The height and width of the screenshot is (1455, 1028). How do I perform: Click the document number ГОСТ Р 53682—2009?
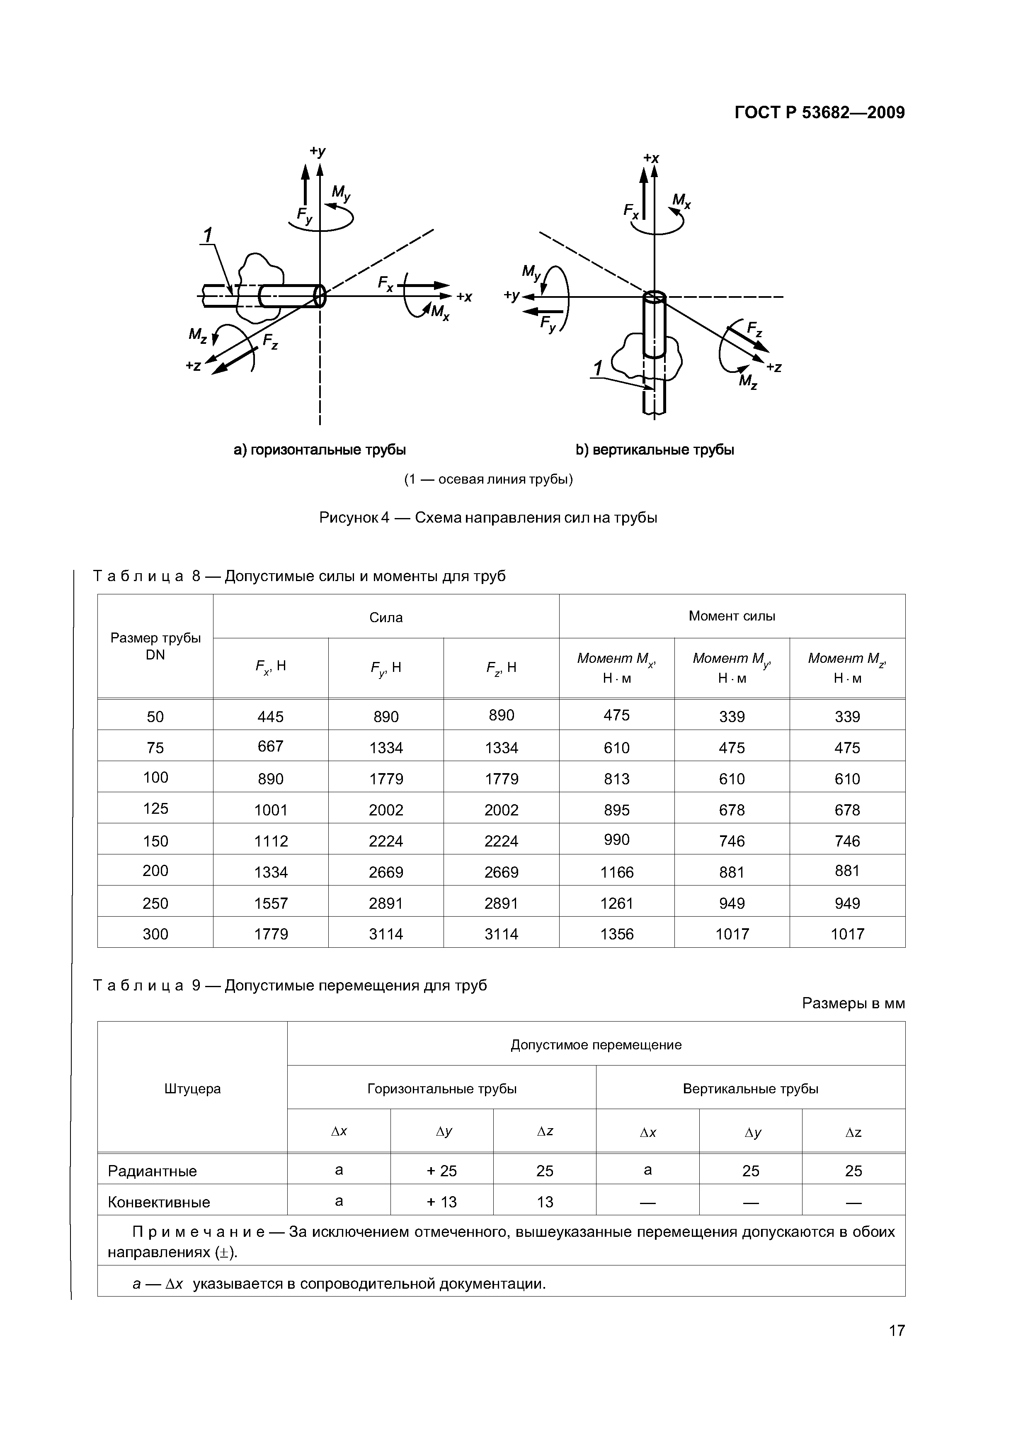point(819,113)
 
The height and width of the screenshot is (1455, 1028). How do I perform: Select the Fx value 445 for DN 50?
point(270,717)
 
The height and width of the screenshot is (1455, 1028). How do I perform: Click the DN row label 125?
point(155,809)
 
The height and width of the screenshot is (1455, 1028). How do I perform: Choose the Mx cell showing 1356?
point(616,934)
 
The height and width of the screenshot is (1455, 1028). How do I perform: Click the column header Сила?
point(386,617)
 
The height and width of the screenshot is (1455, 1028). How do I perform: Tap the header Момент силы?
point(732,616)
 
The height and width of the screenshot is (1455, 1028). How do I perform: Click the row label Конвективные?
point(159,1202)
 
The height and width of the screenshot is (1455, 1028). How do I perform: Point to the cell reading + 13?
point(441,1202)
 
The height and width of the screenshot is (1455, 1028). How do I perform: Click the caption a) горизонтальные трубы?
point(320,450)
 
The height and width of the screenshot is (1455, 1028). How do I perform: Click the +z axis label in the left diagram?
point(193,366)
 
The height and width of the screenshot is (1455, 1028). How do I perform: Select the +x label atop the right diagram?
point(651,158)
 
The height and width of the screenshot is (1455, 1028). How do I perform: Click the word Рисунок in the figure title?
point(349,518)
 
